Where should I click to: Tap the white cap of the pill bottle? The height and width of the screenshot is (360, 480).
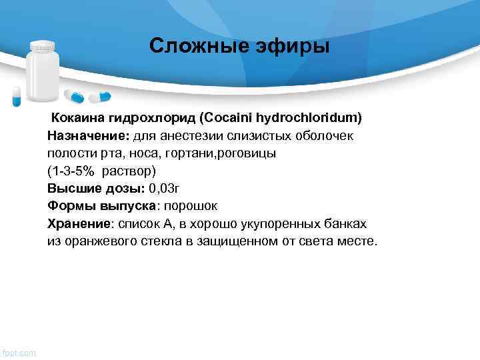click(x=43, y=46)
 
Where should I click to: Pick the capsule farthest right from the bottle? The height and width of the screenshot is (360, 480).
click(x=100, y=97)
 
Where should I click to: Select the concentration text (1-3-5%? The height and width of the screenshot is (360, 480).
click(x=70, y=171)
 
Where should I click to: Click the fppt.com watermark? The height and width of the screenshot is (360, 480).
click(x=19, y=351)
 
